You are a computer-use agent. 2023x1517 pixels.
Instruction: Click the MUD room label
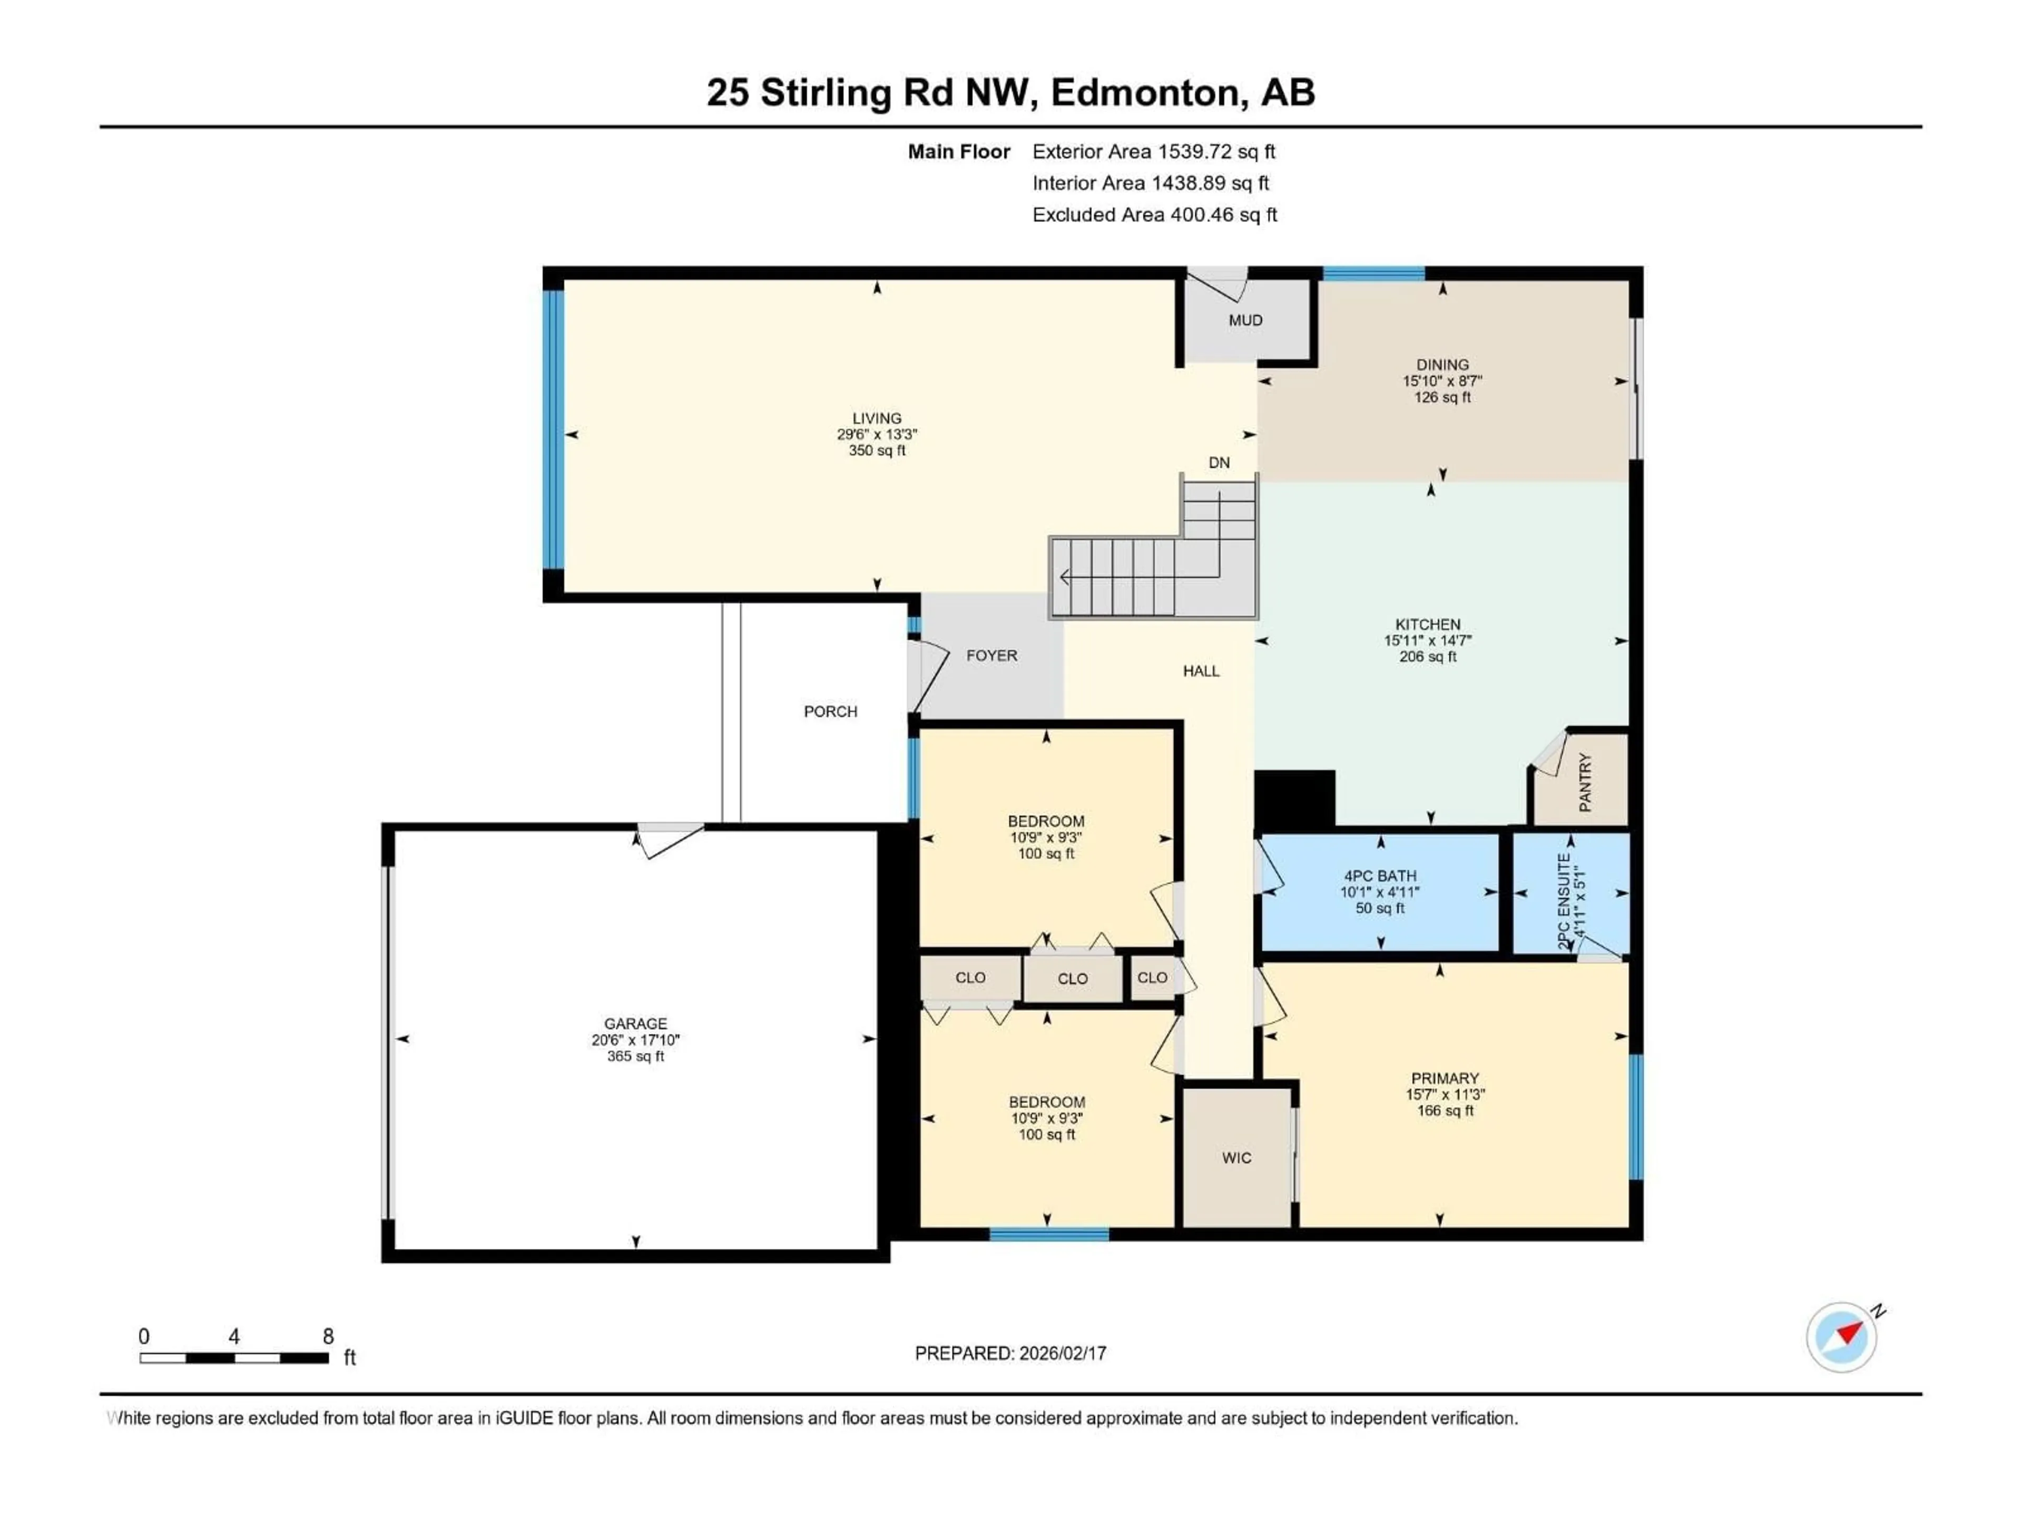(x=1245, y=320)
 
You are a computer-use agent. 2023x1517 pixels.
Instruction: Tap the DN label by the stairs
(x=1219, y=462)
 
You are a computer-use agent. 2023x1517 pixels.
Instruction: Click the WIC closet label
(x=1236, y=1158)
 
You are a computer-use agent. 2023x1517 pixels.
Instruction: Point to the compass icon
(x=1841, y=1337)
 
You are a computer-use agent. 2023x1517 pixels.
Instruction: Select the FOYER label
(x=991, y=656)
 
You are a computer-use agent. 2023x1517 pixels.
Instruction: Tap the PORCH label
(x=830, y=712)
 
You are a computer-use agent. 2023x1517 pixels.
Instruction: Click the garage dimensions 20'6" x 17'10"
(x=636, y=1040)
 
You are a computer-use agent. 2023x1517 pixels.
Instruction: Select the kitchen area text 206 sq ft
(x=1428, y=656)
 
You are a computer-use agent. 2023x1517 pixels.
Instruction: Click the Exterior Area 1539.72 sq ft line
(x=1153, y=152)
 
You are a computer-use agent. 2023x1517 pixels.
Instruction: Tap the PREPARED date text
(x=1010, y=1353)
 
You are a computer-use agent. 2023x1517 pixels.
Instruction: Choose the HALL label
(x=1201, y=671)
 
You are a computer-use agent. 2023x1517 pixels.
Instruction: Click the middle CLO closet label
(x=1072, y=979)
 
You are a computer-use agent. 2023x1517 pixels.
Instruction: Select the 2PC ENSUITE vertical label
(x=1564, y=901)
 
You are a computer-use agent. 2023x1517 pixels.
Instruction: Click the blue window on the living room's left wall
(x=553, y=430)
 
